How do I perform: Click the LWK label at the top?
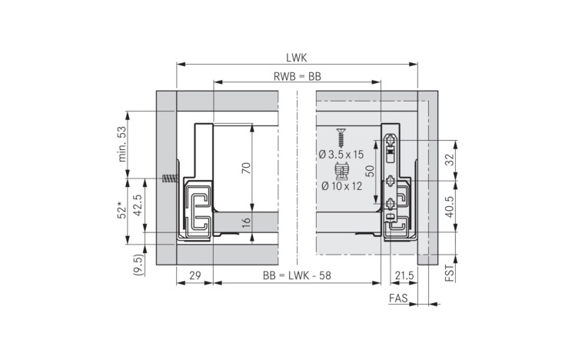coord(296,58)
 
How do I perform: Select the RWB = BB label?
coord(297,76)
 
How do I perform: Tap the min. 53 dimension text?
coord(122,144)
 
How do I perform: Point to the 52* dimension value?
coord(121,210)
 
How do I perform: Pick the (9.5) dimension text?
coord(139,264)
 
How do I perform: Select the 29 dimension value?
coord(195,275)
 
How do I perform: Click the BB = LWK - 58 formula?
coord(297,275)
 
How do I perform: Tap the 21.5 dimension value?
coord(404,275)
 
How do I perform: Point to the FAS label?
coord(398,298)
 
